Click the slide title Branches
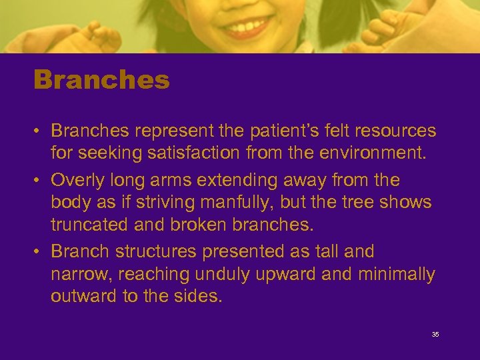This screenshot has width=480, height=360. [102, 81]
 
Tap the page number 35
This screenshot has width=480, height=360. [435, 334]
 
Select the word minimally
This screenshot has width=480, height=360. [397, 275]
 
